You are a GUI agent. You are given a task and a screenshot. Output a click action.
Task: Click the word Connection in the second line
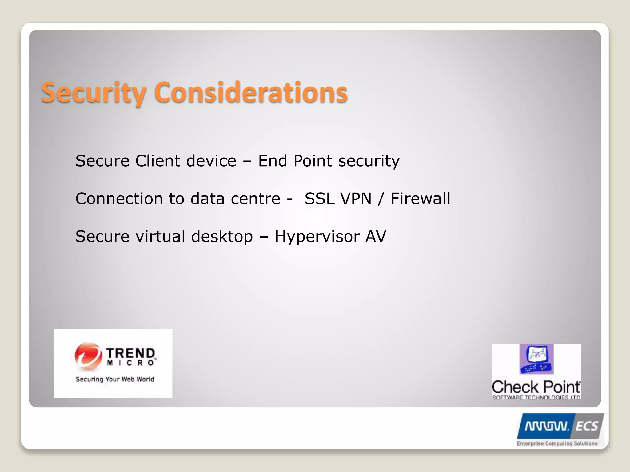pyautogui.click(x=119, y=199)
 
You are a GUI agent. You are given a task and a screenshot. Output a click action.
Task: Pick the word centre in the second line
pyautogui.click(x=255, y=199)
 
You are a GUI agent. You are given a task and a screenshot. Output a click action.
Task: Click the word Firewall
pyautogui.click(x=420, y=199)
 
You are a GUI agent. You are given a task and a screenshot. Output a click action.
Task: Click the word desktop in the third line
pyautogui.click(x=222, y=236)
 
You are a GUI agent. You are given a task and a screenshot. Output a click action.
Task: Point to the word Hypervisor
pyautogui.click(x=317, y=236)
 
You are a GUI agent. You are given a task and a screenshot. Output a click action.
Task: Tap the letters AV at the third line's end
pyautogui.click(x=375, y=236)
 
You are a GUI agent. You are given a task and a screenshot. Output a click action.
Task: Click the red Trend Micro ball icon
pyautogui.click(x=88, y=356)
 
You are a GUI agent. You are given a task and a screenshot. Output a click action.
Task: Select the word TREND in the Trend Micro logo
pyautogui.click(x=131, y=353)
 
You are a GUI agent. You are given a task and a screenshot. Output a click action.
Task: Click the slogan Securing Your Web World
pyautogui.click(x=115, y=379)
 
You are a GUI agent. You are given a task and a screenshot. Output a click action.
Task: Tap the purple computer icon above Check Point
pyautogui.click(x=536, y=359)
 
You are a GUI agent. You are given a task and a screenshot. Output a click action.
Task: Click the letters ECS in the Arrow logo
pyautogui.click(x=587, y=426)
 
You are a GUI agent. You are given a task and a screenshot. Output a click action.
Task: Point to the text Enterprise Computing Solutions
pyautogui.click(x=557, y=443)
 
